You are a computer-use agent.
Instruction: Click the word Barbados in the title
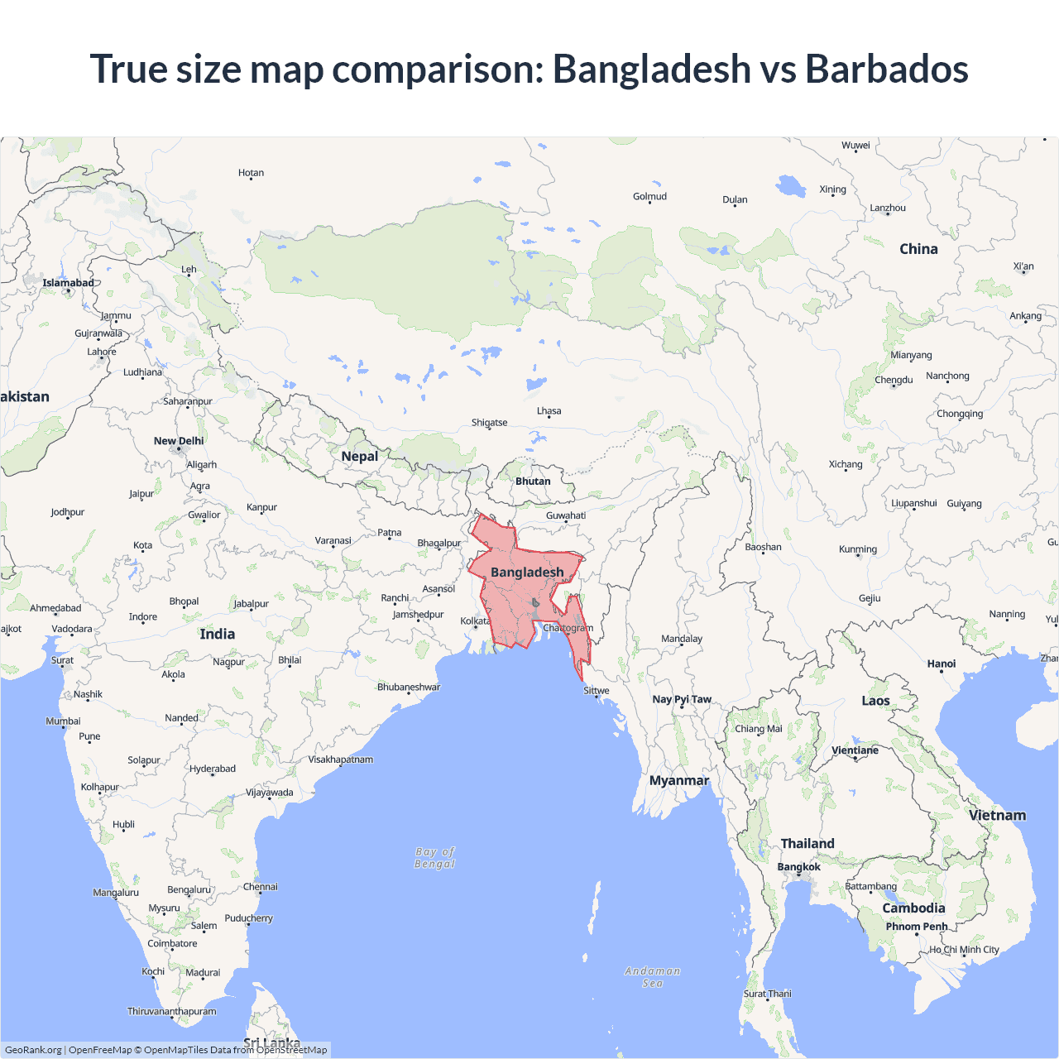pos(886,69)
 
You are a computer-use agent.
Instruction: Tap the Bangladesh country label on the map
pos(527,573)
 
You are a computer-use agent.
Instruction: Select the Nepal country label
pos(359,457)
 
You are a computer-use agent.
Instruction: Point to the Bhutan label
pos(533,482)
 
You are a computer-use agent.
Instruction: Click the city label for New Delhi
pos(179,441)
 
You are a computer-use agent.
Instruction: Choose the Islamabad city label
pos(69,283)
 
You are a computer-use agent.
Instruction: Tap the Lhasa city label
pos(549,411)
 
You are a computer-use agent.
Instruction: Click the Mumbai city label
pos(63,721)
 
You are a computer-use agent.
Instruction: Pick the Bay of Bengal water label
pos(435,858)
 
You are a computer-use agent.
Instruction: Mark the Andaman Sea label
pos(653,977)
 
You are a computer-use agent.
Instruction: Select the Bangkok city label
pos(798,867)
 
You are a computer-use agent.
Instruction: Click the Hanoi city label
pos(942,664)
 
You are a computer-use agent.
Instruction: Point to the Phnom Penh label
pos(917,927)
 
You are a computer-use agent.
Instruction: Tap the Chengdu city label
pos(894,380)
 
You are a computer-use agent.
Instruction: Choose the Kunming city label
pos(858,549)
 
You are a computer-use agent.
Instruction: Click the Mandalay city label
pos(682,639)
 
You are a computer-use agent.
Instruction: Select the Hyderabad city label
pos(213,769)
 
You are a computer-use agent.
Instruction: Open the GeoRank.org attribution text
pos(33,1050)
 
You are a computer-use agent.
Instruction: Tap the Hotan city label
pos(251,173)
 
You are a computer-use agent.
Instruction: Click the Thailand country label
pos(807,844)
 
